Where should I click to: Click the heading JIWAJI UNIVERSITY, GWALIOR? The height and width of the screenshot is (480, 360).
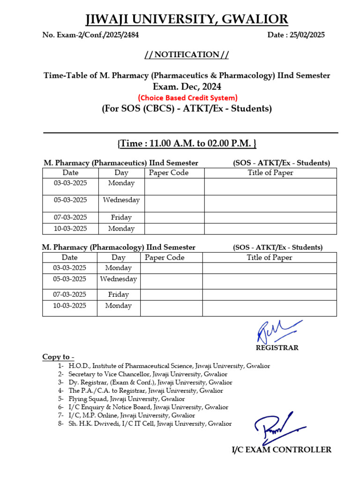coord(187,19)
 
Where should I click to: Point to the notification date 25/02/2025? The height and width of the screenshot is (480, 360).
coord(307,35)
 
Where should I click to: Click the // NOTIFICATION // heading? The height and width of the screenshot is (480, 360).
coord(187,54)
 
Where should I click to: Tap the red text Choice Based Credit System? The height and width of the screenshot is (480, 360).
coord(187,97)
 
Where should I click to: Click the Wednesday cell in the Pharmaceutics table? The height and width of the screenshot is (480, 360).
coord(121,200)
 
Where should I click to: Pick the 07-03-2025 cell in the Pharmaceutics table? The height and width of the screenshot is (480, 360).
coord(70,217)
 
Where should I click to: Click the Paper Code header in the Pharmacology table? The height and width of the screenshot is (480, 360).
coord(165,257)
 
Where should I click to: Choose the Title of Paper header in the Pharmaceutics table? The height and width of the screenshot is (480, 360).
coord(270,173)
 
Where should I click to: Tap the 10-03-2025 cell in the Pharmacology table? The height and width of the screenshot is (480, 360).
coord(69,306)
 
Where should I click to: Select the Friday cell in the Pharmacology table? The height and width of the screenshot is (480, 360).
coord(119,294)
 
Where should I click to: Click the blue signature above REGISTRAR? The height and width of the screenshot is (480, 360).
coord(277,330)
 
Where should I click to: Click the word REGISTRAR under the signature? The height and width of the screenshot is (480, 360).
coord(277,348)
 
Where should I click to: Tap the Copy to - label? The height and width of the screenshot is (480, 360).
coord(58,357)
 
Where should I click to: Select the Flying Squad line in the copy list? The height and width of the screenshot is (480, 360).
coord(127,399)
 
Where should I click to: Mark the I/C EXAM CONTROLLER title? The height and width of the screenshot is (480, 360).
coord(281,450)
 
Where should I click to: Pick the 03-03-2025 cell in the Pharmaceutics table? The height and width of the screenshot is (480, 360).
coord(70,183)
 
